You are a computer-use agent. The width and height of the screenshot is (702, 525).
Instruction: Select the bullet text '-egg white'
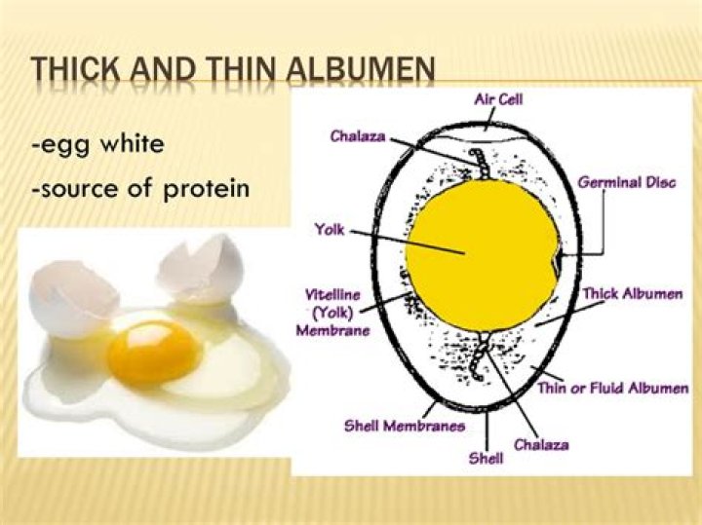[97, 145]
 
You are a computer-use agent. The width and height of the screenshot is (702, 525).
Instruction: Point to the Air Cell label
[497, 99]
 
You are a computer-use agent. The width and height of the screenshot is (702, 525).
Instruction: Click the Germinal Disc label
[626, 182]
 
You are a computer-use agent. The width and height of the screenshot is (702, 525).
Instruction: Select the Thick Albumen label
[632, 293]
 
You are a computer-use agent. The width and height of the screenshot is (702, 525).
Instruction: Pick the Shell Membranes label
[404, 426]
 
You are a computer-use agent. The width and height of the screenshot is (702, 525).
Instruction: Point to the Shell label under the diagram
[486, 458]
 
